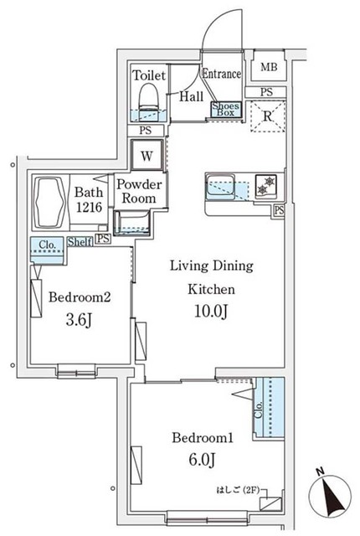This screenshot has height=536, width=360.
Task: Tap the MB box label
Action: coord(269,68)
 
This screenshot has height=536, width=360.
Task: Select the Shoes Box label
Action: coord(226,109)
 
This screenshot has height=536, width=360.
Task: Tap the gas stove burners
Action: coord(267,185)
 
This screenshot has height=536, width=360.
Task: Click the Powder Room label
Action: coord(137,192)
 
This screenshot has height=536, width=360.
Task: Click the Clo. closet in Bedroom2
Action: coord(46,245)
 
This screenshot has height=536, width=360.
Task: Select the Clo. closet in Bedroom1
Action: coord(270,408)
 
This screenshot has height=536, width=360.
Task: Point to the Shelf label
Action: coord(80,241)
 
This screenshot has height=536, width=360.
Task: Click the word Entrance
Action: coord(221,74)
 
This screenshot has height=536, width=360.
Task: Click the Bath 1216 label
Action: coord(88,198)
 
